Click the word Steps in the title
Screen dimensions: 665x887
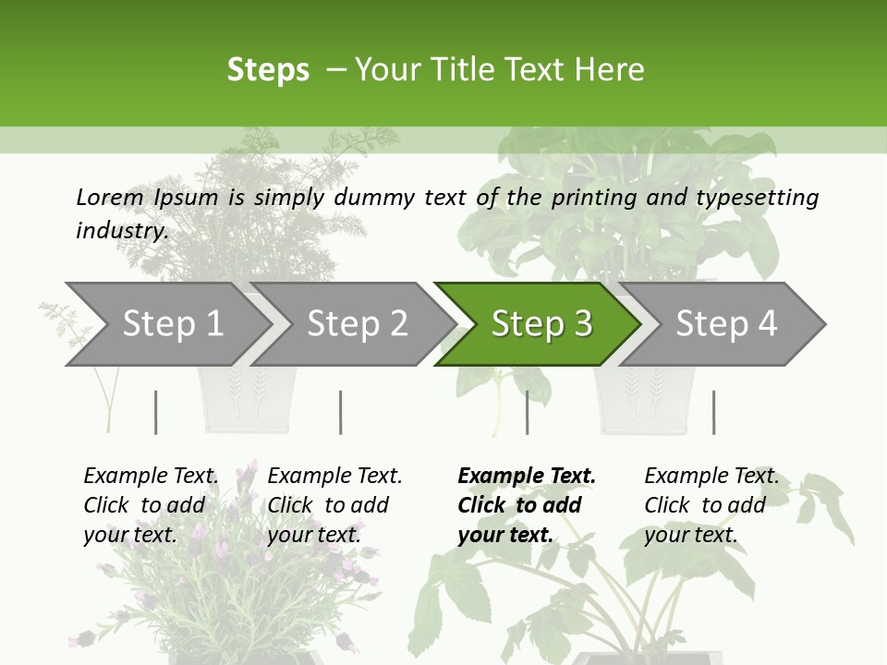(268, 69)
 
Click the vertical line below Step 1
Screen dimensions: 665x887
(156, 412)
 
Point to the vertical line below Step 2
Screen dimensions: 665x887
(341, 412)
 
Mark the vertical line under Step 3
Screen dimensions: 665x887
(527, 412)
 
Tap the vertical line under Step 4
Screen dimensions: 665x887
(713, 412)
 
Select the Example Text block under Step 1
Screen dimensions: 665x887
(151, 505)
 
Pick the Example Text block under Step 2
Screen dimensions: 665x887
(334, 505)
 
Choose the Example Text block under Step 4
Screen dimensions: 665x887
(711, 505)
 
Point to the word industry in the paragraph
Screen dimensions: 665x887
(122, 231)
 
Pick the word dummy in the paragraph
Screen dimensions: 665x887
(373, 198)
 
